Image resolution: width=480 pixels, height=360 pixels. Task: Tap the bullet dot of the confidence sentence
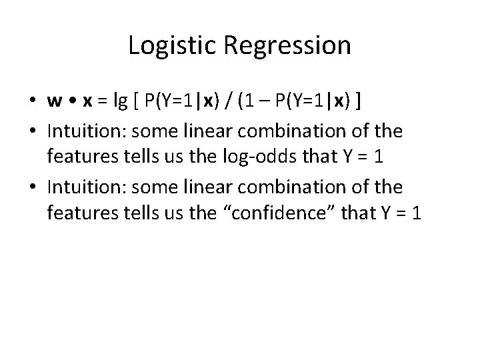coord(32,188)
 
